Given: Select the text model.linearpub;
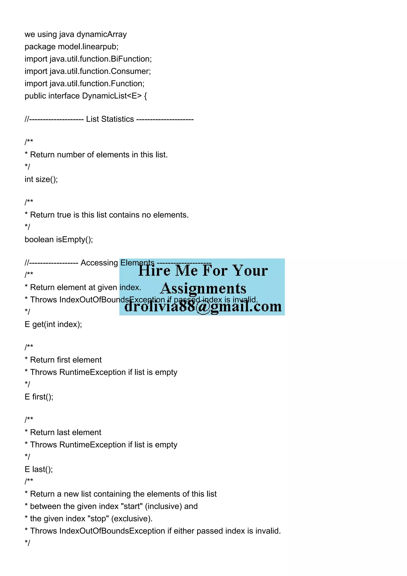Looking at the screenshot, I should tap(88, 47).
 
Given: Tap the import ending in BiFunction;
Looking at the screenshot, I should tap(88, 59).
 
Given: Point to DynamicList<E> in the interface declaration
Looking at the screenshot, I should tap(112, 96).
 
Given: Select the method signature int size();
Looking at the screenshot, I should tap(41, 179).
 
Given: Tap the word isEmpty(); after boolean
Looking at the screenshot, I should tap(75, 240).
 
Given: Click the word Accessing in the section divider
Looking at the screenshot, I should tap(99, 263).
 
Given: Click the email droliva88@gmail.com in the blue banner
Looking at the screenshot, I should tap(203, 306).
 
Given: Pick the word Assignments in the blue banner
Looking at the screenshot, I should tap(203, 289).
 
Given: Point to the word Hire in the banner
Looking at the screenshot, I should tap(154, 271).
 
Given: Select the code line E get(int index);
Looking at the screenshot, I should tap(53, 324).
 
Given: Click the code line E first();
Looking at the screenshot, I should tap(39, 397).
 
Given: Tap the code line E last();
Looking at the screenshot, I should tap(39, 469).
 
